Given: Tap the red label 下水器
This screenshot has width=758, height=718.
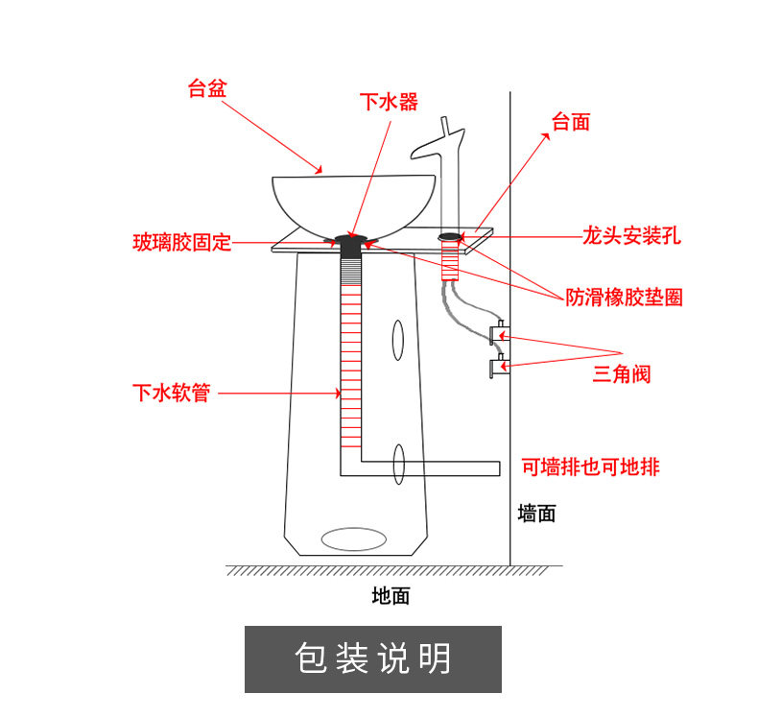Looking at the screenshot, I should point(389,102).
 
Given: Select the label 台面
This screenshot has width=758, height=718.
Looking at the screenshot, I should point(570,122).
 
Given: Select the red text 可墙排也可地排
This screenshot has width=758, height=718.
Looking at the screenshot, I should point(590,467).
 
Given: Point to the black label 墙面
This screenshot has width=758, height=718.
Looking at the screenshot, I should point(536,514).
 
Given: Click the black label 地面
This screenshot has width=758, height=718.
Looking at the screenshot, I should point(391,596).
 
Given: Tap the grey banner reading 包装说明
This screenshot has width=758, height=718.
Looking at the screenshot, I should point(373,659).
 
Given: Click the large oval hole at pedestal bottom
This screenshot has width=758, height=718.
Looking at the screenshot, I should point(353,539).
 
